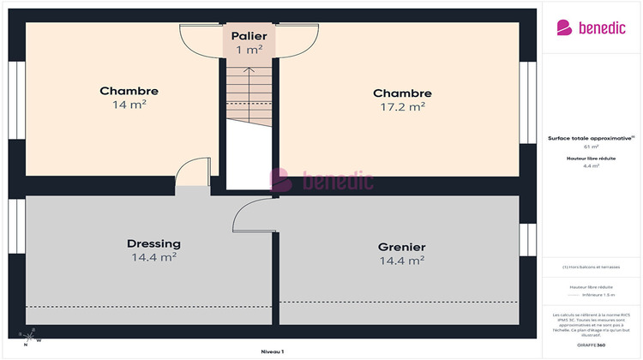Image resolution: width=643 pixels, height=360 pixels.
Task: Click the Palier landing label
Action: [x=249, y=37]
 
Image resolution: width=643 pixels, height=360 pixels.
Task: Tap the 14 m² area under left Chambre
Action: [x=129, y=105]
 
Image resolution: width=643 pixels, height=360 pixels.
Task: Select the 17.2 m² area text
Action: [x=402, y=107]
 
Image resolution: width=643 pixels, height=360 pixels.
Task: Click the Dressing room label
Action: [x=154, y=243]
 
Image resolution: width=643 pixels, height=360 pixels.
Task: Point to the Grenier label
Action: [x=401, y=247]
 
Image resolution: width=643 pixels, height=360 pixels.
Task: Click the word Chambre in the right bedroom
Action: [x=402, y=93]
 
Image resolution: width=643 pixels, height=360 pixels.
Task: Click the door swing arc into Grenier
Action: [x=249, y=214]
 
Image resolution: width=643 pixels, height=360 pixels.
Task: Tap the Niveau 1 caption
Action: [x=272, y=351]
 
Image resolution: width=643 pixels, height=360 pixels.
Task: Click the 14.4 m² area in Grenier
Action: [x=401, y=260]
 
